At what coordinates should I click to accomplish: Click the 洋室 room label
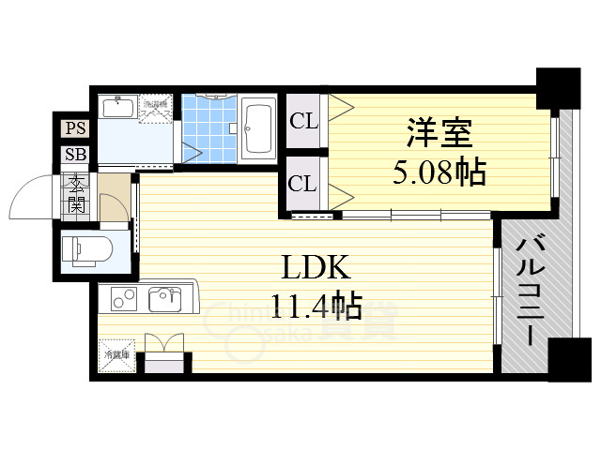(x=438, y=134)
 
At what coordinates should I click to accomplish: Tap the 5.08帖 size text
(x=438, y=172)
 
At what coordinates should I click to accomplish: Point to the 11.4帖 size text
(x=316, y=306)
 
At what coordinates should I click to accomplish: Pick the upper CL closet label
(x=302, y=121)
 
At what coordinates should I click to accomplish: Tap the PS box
(x=74, y=129)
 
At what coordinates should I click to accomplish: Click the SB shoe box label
(x=74, y=156)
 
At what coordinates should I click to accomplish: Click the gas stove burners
(x=123, y=300)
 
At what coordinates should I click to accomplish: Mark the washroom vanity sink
(x=117, y=108)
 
